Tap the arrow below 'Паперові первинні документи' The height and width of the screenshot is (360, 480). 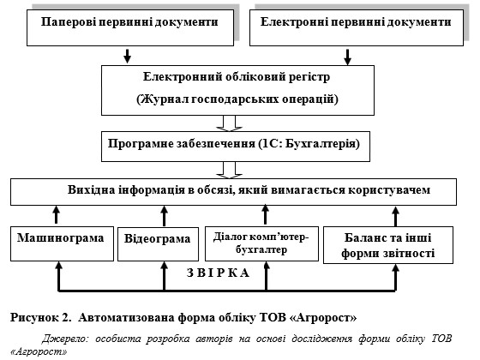tap(128, 56)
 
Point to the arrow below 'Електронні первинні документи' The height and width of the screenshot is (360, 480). tap(347, 57)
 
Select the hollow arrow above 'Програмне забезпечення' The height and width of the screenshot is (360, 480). tap(230, 123)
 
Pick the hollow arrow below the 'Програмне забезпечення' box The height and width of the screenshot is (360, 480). tap(230, 170)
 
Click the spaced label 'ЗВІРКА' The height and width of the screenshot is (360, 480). tap(219, 273)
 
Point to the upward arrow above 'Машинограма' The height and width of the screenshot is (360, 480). tap(56, 214)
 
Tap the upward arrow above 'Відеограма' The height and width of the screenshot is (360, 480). tap(164, 216)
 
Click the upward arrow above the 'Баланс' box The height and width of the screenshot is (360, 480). tap(395, 216)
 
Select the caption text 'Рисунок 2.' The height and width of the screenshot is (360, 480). tap(41, 317)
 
